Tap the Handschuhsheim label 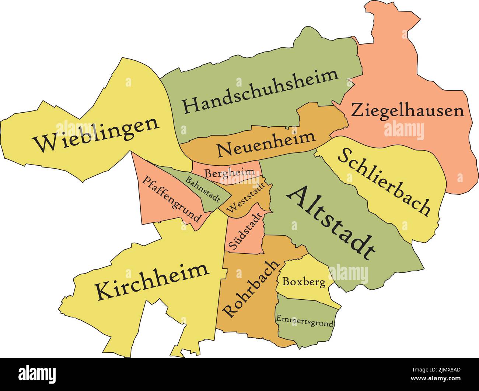261,91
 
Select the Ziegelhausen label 407,110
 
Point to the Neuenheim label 266,144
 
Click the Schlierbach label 384,182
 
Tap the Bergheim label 230,172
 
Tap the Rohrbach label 251,289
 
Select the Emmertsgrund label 304,321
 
